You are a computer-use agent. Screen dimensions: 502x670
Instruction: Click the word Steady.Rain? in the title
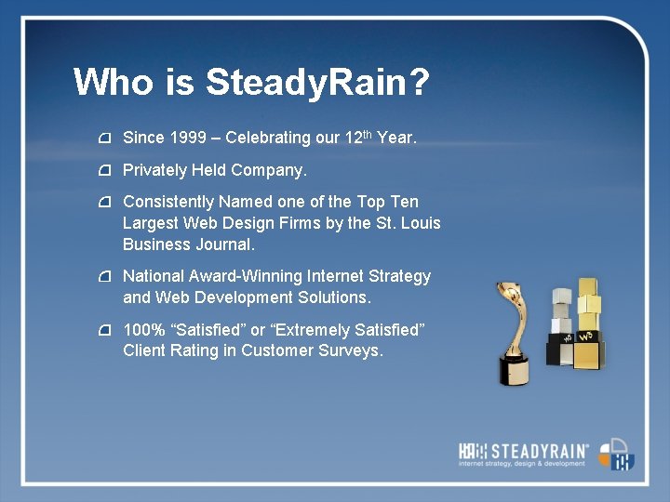317,82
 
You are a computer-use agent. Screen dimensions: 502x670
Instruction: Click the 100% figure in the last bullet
141,330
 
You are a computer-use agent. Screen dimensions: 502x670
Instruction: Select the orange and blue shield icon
616,454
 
